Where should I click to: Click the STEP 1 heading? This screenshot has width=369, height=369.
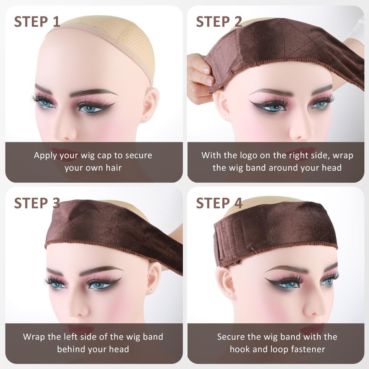[37, 22]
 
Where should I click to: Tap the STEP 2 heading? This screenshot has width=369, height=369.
[219, 22]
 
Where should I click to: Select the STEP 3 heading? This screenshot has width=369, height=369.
[37, 203]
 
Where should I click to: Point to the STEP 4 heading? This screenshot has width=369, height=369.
[219, 203]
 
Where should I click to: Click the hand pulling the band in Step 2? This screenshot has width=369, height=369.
[201, 78]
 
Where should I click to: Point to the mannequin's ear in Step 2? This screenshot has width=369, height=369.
[222, 103]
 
